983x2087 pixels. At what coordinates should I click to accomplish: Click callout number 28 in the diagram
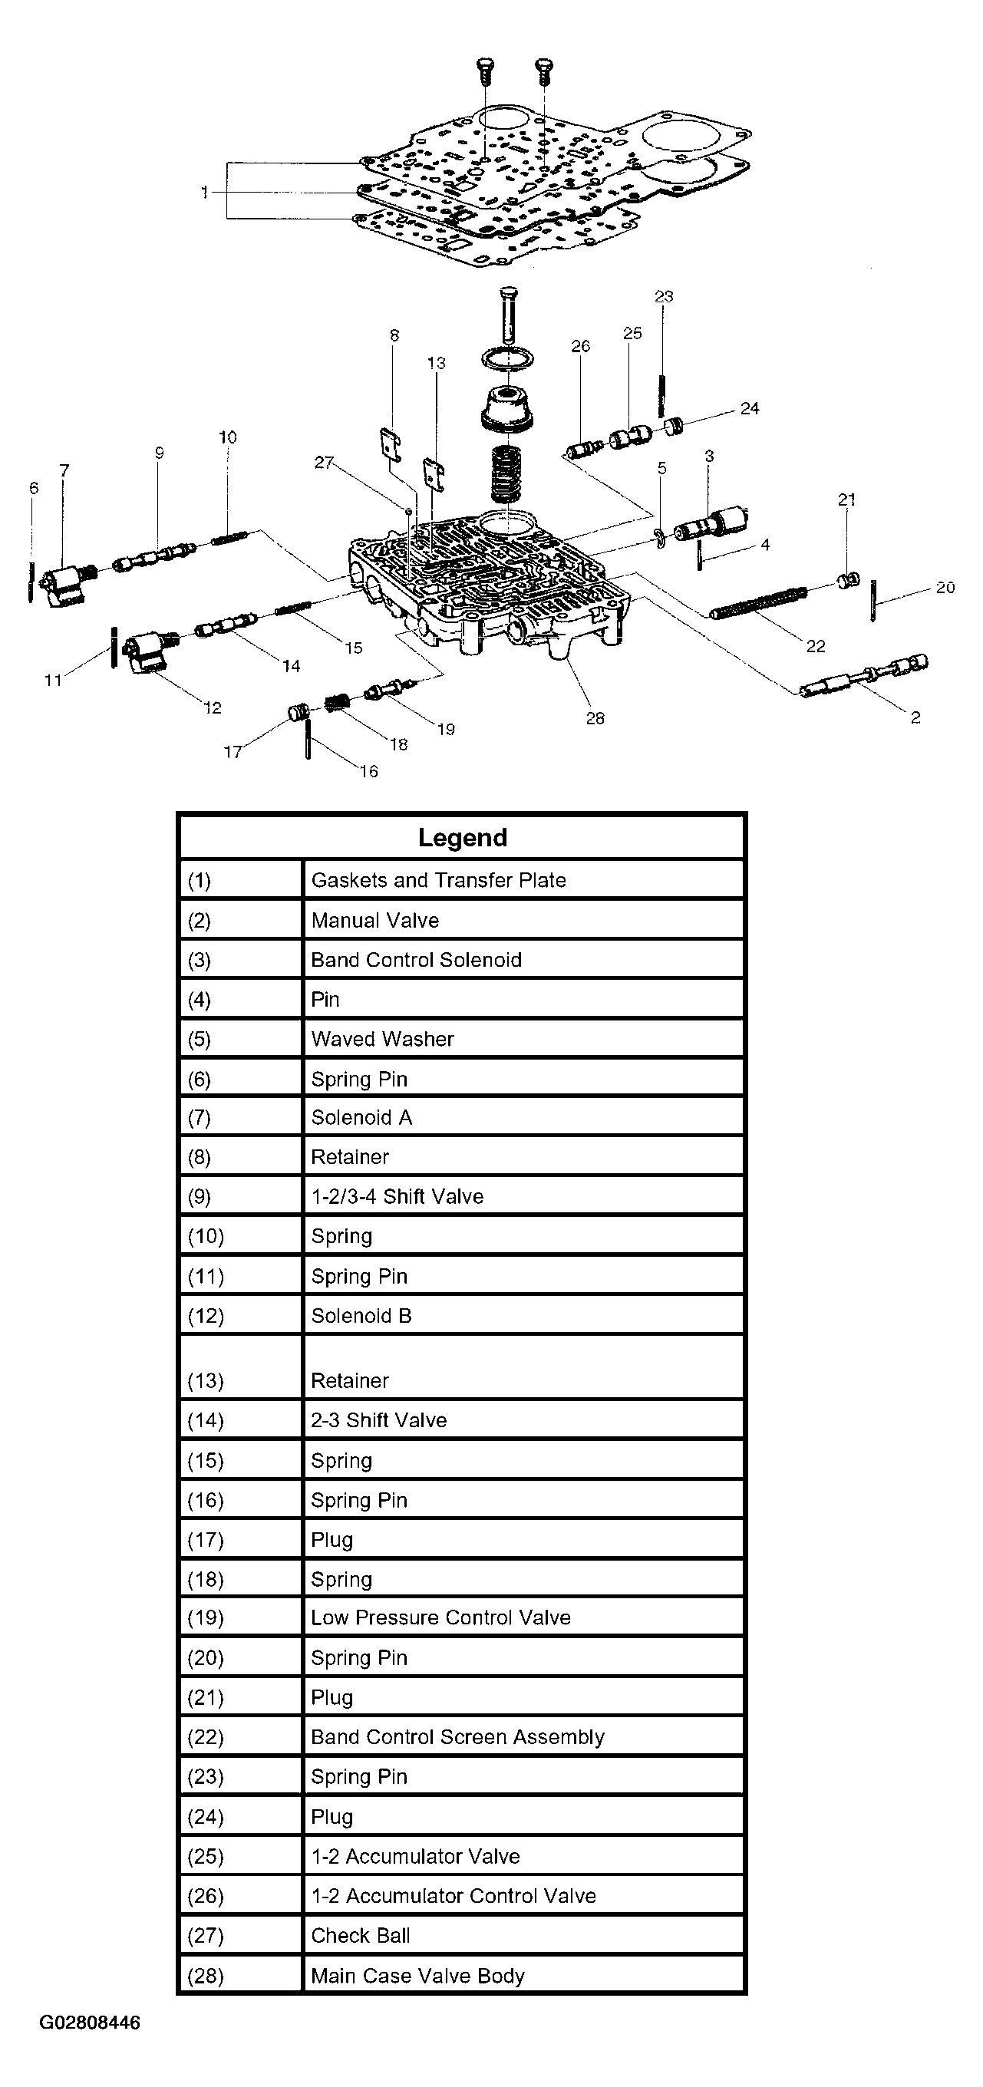(595, 718)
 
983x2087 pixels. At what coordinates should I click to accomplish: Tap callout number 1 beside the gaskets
(204, 192)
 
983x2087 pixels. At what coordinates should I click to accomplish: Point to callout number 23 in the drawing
(664, 296)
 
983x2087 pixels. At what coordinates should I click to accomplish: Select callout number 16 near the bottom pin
(369, 771)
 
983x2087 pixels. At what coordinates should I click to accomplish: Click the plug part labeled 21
(847, 580)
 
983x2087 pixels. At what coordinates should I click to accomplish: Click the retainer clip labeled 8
(391, 446)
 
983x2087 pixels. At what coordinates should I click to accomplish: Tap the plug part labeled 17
(299, 713)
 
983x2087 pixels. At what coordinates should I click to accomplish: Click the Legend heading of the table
(462, 838)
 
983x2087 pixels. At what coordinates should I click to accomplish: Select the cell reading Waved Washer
(382, 1039)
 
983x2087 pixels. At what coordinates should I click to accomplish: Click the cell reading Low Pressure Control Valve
(440, 1618)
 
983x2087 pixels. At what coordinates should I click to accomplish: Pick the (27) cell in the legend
(206, 1936)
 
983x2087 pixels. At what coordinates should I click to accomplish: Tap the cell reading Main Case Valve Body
(418, 1975)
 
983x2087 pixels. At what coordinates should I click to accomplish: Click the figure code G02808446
(90, 2023)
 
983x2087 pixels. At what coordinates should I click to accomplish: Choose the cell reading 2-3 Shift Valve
(379, 1420)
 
